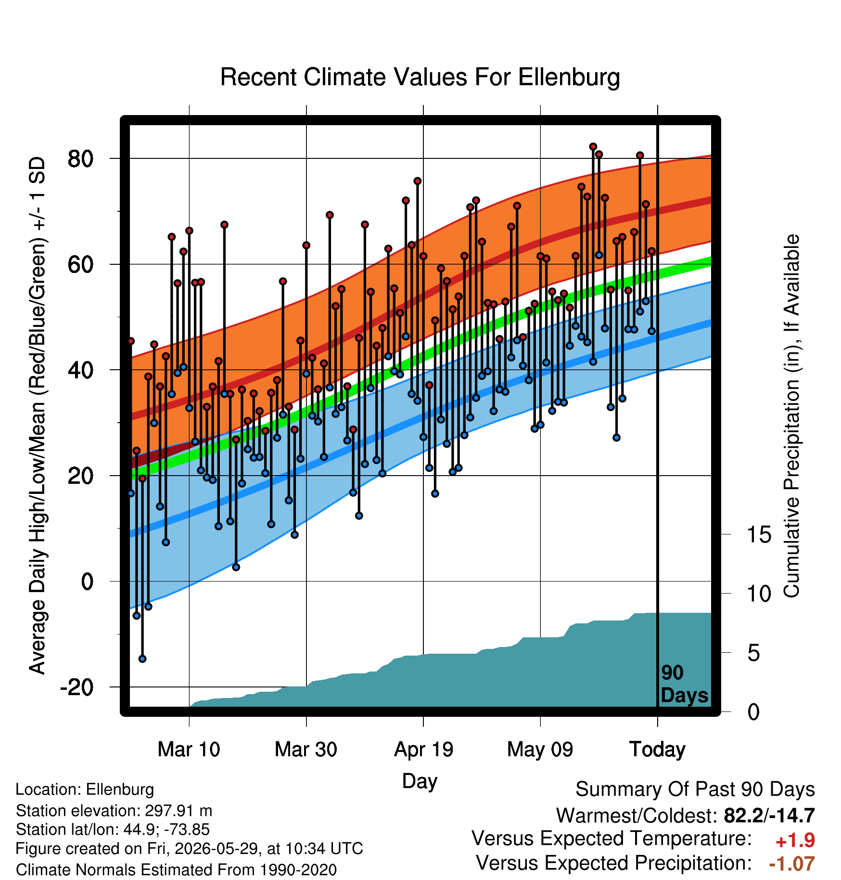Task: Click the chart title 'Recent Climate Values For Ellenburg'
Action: (420, 77)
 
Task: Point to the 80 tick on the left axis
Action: (80, 158)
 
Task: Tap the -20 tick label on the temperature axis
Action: (76, 687)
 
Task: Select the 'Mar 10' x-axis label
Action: (189, 750)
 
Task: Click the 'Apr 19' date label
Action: (423, 750)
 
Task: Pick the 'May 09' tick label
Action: (540, 750)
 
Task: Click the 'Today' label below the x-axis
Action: (657, 750)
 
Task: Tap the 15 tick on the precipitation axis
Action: (759, 534)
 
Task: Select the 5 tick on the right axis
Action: (753, 653)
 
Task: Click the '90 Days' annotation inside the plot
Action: (684, 684)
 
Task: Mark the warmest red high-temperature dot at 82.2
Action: (593, 146)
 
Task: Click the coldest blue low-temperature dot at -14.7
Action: (142, 659)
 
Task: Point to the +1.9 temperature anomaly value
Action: (795, 841)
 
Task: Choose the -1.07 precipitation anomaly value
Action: (792, 864)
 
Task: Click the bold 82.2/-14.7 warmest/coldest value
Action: (769, 815)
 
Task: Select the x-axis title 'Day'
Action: (420, 781)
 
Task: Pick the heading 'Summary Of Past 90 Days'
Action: (695, 789)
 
